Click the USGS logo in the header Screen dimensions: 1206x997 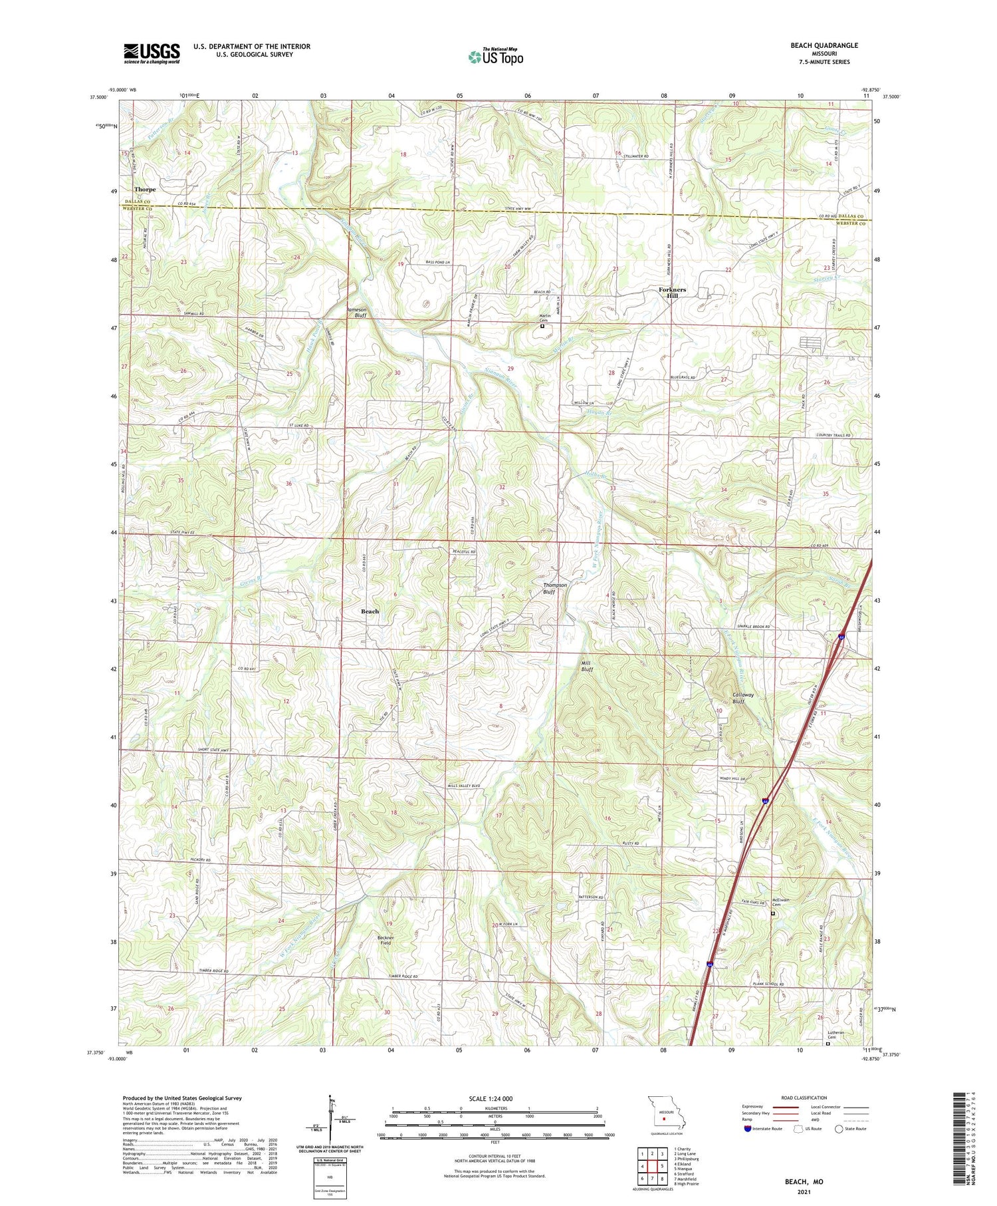152,53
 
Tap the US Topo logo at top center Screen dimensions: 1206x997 495,57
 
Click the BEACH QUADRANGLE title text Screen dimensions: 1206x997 824,45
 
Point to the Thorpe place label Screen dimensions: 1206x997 145,190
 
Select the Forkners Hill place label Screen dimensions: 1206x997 672,293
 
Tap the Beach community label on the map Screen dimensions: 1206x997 370,611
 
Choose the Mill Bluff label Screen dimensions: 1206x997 587,666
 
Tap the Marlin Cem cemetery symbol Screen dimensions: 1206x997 542,326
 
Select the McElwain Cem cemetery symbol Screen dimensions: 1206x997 772,914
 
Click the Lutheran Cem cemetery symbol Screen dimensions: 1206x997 828,1044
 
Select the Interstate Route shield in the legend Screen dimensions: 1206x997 748,1129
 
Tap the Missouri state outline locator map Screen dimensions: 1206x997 663,1114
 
